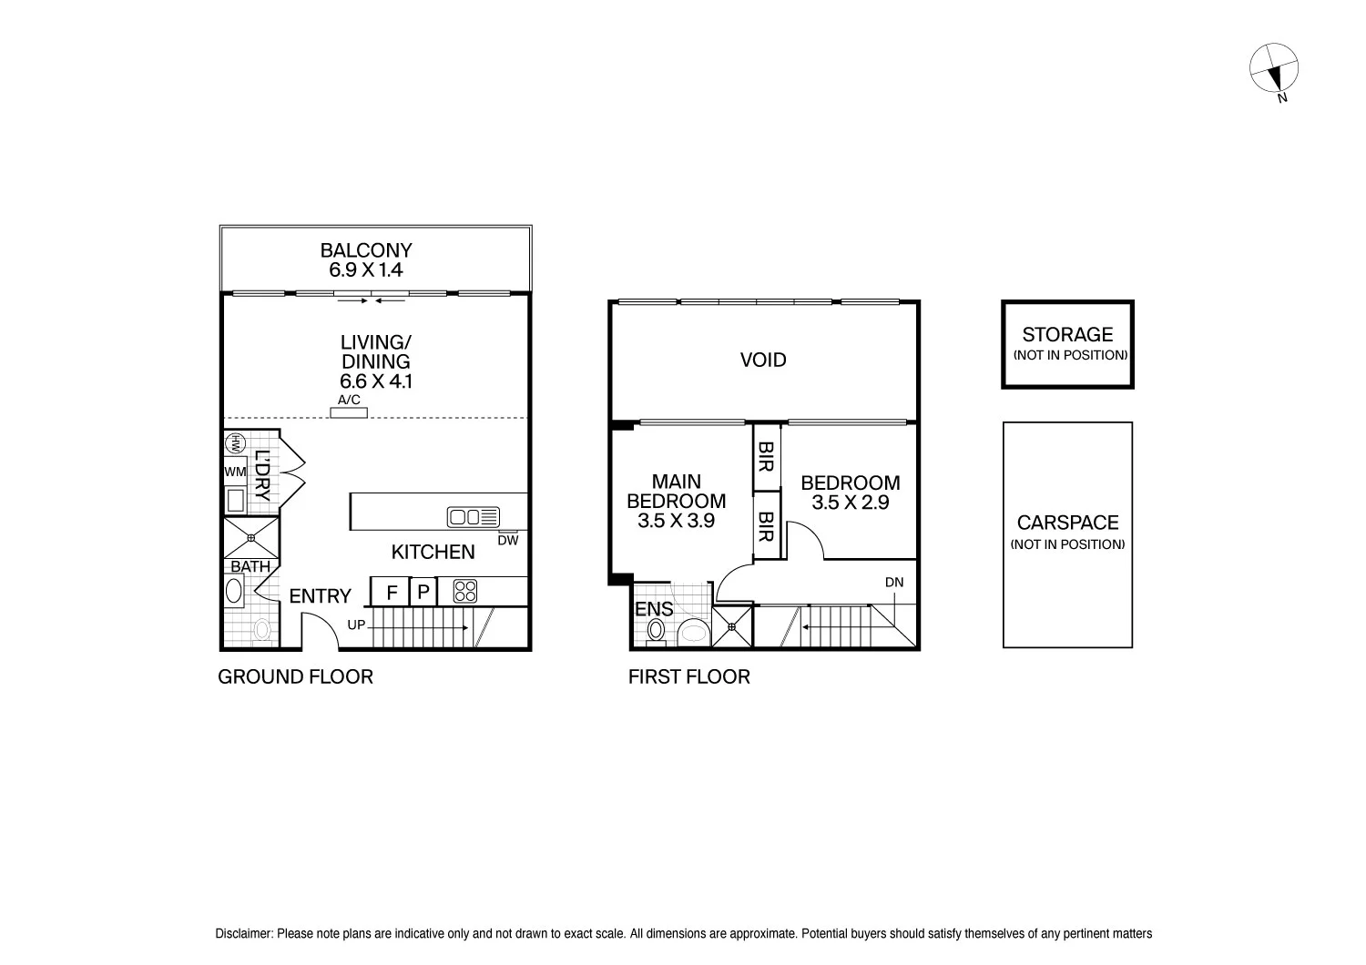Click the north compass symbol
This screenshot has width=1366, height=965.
[1273, 67]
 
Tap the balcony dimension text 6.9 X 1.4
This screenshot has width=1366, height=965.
[365, 270]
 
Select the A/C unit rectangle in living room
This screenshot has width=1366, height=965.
[349, 413]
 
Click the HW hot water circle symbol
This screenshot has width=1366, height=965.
[235, 443]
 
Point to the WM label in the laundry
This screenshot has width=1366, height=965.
[235, 472]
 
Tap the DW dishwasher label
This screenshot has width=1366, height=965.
[508, 541]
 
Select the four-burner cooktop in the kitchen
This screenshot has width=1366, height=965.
[464, 591]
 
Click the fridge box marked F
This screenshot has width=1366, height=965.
[392, 593]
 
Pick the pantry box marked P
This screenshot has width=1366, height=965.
[423, 593]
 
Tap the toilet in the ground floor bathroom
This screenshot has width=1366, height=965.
[262, 629]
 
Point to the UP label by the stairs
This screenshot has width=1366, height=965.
[357, 625]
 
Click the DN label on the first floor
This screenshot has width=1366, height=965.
[894, 583]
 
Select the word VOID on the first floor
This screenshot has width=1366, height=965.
[762, 361]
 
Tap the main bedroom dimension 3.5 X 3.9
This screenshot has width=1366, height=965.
[676, 521]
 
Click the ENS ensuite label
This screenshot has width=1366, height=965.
[654, 610]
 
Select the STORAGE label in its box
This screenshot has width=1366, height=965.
[1067, 335]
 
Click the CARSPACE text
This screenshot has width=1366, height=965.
[1067, 523]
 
